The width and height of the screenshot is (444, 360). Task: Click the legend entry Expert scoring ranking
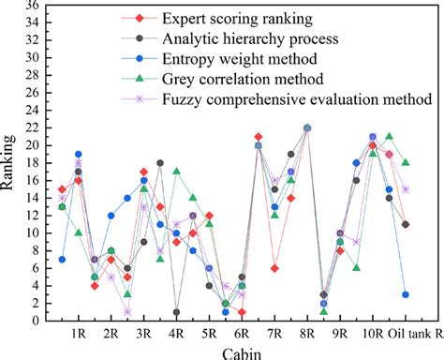(x=236, y=18)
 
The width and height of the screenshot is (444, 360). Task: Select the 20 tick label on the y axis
(x=31, y=145)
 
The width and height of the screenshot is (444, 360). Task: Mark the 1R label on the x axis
(x=78, y=333)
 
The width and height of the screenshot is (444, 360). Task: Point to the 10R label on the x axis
(x=372, y=333)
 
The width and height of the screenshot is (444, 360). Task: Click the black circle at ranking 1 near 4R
(x=176, y=312)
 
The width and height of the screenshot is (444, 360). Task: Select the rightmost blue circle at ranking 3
(x=405, y=294)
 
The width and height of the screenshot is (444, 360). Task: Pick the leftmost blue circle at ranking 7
(x=62, y=260)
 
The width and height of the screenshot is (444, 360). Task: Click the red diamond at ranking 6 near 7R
(x=274, y=268)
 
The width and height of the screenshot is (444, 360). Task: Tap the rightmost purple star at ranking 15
(x=405, y=188)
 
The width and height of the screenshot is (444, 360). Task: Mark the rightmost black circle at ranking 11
(x=405, y=224)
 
